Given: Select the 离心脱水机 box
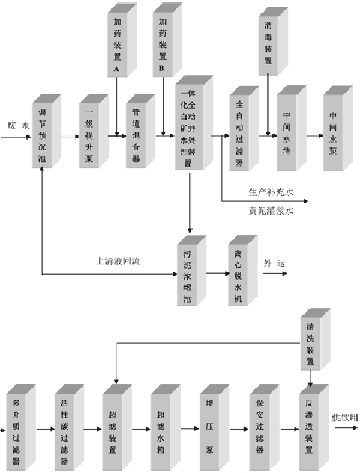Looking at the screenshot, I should (x=238, y=274).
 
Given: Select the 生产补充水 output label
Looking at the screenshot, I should (x=271, y=193).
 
